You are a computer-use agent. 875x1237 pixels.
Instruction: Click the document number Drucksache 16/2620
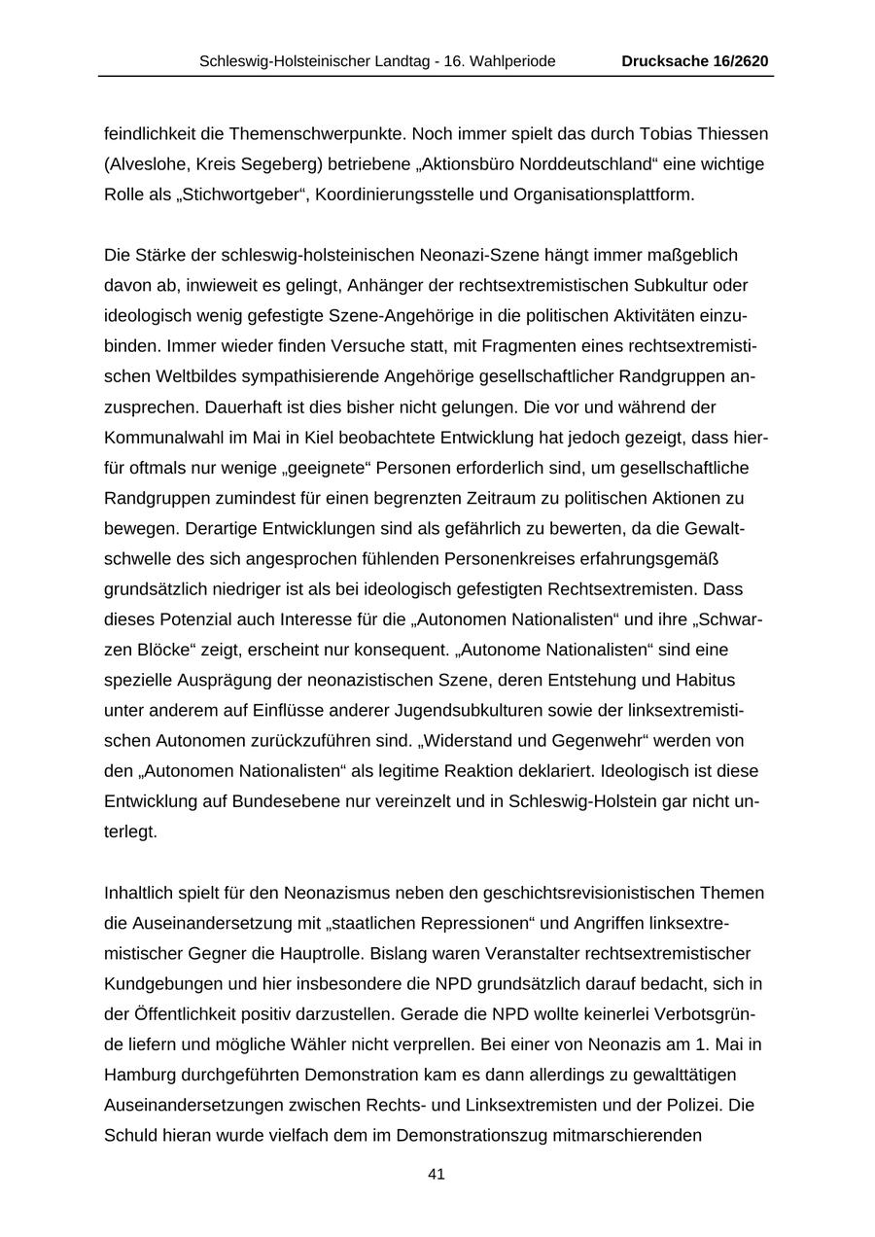(695, 61)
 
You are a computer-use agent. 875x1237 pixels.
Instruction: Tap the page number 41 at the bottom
(437, 1174)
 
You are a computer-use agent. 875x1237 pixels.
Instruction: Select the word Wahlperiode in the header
(513, 61)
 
